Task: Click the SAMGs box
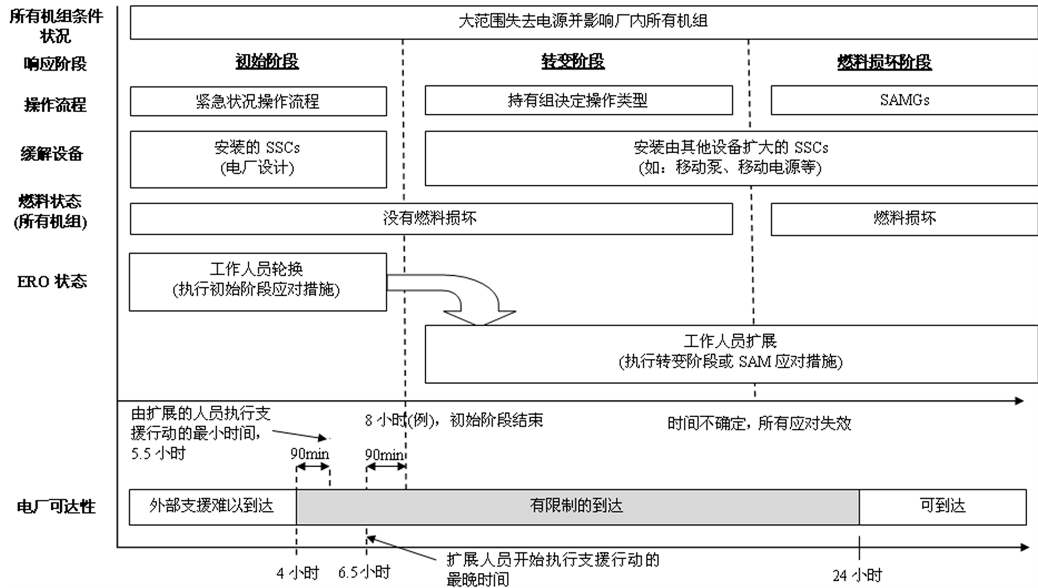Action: tap(903, 100)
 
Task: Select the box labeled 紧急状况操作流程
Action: tap(258, 101)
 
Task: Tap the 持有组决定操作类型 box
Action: tap(578, 100)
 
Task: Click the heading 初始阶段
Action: tap(267, 61)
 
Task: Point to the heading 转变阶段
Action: tap(573, 61)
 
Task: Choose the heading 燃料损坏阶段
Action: tap(884, 62)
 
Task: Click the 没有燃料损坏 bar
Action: tap(431, 219)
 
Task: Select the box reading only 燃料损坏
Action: tap(903, 219)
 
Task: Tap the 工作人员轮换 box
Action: tap(257, 282)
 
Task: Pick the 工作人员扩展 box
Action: tap(730, 354)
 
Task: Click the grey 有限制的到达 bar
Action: tap(577, 506)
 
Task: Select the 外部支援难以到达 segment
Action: tap(212, 506)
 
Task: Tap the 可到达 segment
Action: tap(942, 506)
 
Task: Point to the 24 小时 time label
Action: tap(857, 576)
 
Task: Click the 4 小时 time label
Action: tap(297, 573)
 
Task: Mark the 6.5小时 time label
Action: tap(364, 573)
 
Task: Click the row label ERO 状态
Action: tap(52, 282)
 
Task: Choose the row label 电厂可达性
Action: tap(56, 507)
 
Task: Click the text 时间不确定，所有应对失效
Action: tap(759, 424)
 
